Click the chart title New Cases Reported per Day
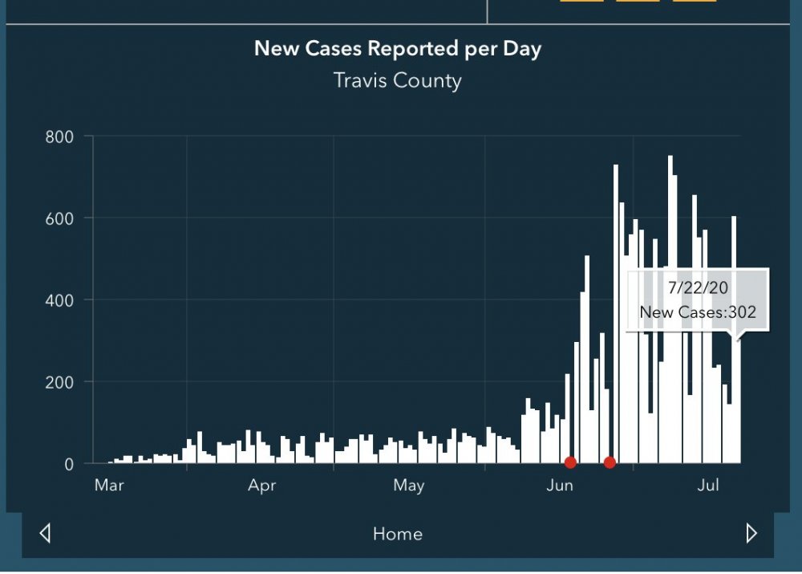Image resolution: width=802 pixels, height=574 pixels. (x=398, y=48)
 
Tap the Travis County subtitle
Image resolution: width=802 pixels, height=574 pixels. (x=398, y=81)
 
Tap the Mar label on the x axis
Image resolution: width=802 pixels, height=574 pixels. (x=108, y=486)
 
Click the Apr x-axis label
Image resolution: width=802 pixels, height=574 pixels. (x=262, y=486)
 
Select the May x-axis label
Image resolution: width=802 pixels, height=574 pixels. (x=408, y=486)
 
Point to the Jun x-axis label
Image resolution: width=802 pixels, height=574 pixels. (x=559, y=486)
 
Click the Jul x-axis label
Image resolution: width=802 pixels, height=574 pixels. (x=708, y=486)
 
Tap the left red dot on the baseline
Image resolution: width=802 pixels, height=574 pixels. (x=570, y=462)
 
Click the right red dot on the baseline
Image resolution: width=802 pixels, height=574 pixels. (x=610, y=462)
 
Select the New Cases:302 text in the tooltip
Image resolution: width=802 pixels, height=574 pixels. (x=698, y=313)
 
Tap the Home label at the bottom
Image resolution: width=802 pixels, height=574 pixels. (x=398, y=534)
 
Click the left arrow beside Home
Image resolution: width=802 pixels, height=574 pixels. (x=45, y=533)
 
